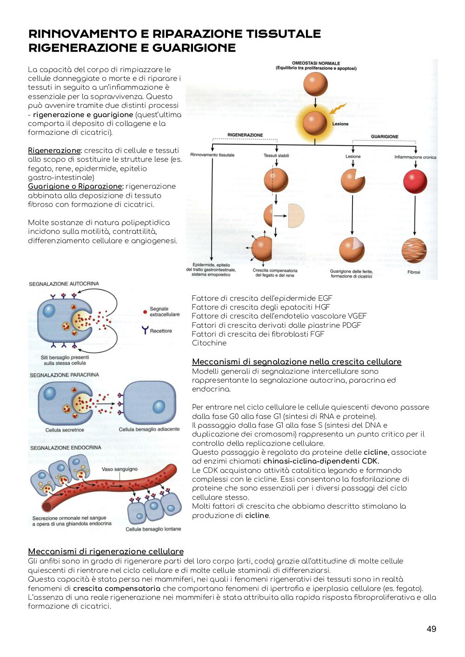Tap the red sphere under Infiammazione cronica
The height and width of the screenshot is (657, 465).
415,181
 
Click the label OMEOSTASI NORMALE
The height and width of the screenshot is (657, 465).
316,63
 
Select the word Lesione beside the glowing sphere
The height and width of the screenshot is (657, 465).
340,124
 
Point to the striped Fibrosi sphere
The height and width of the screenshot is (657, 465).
414,250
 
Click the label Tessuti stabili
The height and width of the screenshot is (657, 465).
276,155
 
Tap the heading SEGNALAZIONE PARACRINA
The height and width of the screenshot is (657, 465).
64,375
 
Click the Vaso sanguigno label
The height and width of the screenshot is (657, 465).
120,469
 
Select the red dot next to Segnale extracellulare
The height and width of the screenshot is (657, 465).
145,312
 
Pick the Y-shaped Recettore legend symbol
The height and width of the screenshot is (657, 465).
145,330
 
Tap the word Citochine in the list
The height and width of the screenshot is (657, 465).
209,343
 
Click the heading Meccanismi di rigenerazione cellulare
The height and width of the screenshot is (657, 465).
106,551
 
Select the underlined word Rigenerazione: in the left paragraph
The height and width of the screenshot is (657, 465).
55,151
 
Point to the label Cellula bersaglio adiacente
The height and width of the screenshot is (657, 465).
149,429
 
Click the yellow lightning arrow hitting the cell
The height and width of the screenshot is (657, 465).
338,108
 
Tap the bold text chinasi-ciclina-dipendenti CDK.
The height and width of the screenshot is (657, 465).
321,461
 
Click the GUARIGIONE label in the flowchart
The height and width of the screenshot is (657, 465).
385,137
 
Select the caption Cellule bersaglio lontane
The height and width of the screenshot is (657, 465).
153,529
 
